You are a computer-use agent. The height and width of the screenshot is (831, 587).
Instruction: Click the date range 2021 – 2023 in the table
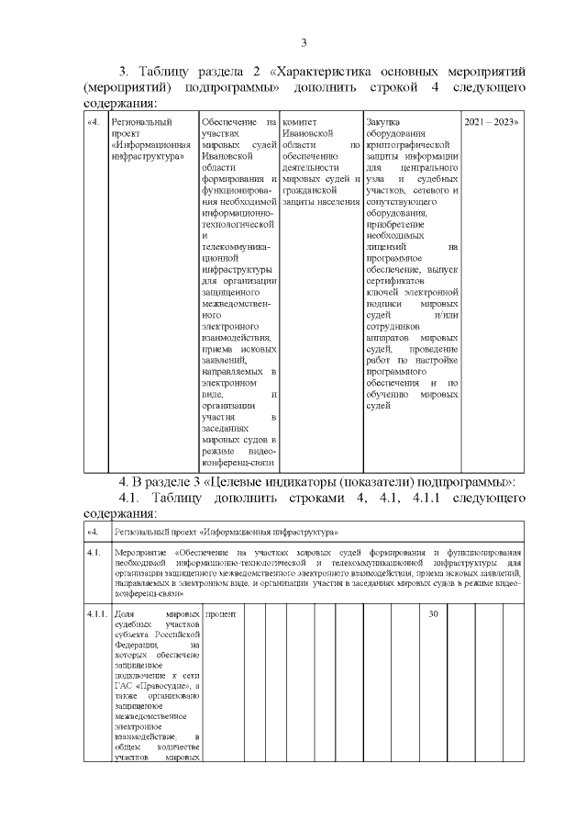pyautogui.click(x=491, y=122)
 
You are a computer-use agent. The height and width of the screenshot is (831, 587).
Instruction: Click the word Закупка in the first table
pyautogui.click(x=383, y=122)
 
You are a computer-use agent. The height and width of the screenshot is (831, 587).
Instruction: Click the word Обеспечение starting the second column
pyautogui.click(x=228, y=122)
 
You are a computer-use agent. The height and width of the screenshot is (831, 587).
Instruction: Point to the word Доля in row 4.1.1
pyautogui.click(x=125, y=613)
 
